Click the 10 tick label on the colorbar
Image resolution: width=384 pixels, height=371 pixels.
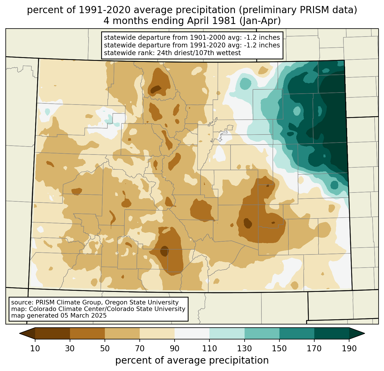tap(35, 348)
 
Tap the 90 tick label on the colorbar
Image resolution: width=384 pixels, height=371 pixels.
tap(175, 348)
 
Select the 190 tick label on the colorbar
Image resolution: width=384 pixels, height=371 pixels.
tap(349, 348)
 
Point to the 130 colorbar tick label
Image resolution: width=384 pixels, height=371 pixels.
tap(244, 348)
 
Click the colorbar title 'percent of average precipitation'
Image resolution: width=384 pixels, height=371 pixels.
tap(192, 360)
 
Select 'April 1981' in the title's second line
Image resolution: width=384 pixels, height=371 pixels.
tap(211, 21)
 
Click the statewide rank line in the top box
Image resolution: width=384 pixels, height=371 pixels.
tap(172, 53)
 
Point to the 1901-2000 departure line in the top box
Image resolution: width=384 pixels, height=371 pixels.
tap(192, 37)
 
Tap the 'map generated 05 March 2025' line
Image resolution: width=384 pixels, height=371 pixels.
tap(59, 315)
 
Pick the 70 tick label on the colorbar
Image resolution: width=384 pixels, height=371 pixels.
tap(140, 348)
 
